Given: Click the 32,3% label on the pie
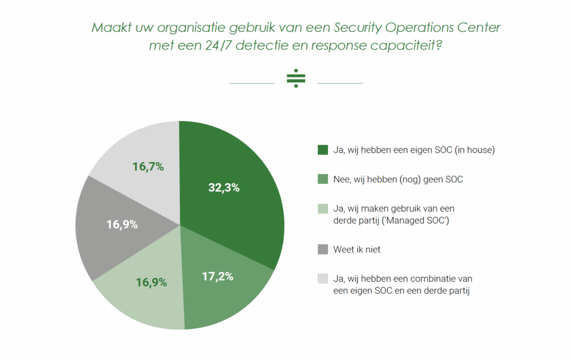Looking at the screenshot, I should click(x=224, y=188).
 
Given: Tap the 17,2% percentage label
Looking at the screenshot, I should click(x=217, y=276).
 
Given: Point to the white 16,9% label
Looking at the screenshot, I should click(x=122, y=225).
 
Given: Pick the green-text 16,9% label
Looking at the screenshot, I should click(x=152, y=282).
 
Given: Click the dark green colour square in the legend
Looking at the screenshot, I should click(x=322, y=150).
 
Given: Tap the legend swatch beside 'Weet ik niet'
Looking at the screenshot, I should click(x=322, y=250).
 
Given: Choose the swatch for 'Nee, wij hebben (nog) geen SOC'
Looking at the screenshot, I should click(x=322, y=179).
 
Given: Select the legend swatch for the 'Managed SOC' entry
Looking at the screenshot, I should click(x=322, y=210).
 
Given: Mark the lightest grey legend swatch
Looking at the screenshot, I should click(x=322, y=278).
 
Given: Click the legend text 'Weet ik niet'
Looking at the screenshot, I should click(x=357, y=250).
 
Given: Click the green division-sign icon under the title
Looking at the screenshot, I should click(x=296, y=79).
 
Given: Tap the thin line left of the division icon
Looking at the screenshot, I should click(x=252, y=83).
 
